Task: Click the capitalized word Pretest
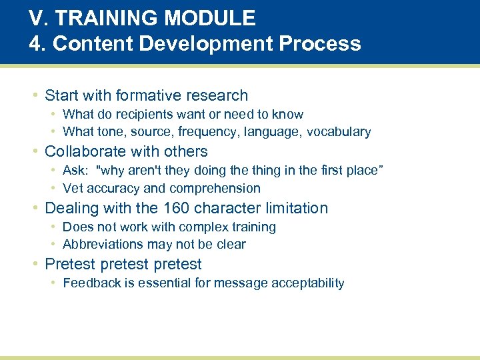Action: tap(69, 264)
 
